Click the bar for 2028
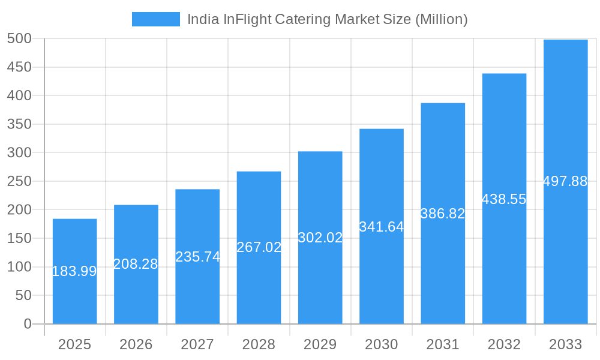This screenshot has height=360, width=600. [x=259, y=282]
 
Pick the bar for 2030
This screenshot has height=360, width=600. [x=382, y=276]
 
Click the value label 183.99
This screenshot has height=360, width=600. [x=74, y=271]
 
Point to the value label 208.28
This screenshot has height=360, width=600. [x=136, y=264]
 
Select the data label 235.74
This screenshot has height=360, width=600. [x=197, y=257]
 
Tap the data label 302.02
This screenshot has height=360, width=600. [x=320, y=238]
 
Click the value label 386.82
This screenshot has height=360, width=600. [x=443, y=214]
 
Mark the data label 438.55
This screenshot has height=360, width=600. [x=504, y=199]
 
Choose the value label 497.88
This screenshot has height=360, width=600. [x=565, y=181]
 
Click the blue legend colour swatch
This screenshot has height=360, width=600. [x=155, y=19]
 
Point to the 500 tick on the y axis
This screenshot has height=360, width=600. [x=19, y=38]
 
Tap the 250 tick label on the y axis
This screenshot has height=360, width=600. [x=19, y=181]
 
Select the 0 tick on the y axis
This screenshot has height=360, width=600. [x=28, y=324]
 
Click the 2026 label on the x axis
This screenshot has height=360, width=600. [x=136, y=344]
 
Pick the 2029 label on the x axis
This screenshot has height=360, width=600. [x=320, y=344]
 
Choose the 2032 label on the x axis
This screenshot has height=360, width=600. [x=504, y=344]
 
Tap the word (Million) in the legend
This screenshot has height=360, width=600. [x=441, y=19]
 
